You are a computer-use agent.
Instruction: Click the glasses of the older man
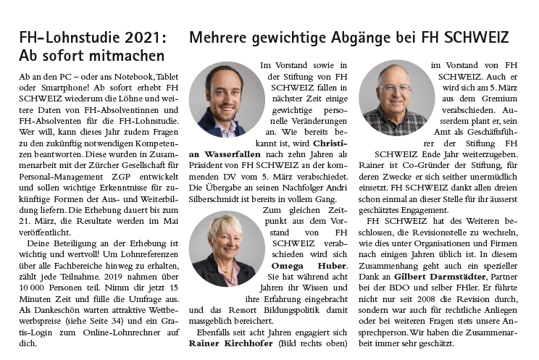(395, 88)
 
